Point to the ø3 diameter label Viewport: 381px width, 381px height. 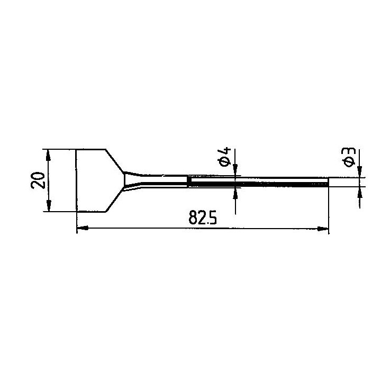tap(348, 157)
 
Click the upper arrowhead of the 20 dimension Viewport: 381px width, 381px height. tap(49, 154)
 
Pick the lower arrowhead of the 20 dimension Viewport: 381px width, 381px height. tap(49, 207)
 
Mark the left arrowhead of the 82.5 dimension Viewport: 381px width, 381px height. tap(81, 229)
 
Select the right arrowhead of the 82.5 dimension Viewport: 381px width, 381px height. tap(324, 229)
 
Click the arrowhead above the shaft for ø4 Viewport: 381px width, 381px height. tap(235, 172)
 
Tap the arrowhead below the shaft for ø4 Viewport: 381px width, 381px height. tap(235, 192)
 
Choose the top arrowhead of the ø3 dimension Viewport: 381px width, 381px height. tap(360, 173)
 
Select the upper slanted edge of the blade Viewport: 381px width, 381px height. tap(116, 161)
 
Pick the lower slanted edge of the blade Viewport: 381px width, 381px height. tap(116, 202)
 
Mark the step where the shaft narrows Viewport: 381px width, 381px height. tap(188, 182)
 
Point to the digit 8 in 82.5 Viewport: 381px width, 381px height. tap(192, 218)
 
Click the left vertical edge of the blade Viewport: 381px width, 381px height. tap(77, 181)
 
